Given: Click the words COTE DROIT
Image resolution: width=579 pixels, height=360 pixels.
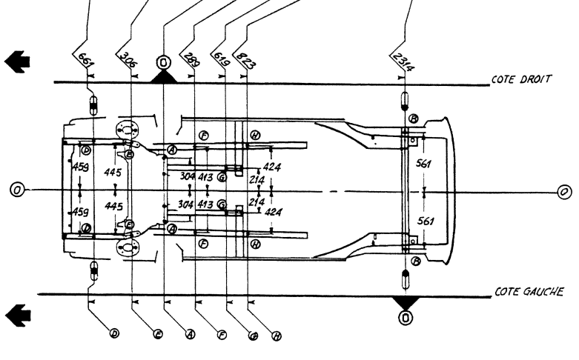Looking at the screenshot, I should tap(520, 80).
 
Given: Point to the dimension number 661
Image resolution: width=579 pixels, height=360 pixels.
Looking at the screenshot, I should tap(85, 59).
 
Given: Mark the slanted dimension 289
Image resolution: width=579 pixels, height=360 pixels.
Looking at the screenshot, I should tap(191, 60).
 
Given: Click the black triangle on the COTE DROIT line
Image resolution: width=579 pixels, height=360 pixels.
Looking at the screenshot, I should tap(163, 76).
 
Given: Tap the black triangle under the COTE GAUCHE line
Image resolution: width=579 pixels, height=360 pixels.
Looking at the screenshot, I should tap(405, 301).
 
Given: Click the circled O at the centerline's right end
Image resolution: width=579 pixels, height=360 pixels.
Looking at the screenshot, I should tap(565, 191).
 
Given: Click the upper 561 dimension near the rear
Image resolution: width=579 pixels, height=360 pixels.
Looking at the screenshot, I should tap(423, 164).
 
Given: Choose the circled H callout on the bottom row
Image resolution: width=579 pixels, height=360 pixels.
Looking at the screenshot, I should tap(277, 335).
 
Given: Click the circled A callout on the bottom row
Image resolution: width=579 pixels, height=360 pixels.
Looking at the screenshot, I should tap(190, 335).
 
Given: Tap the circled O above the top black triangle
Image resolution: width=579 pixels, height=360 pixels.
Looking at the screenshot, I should tap(163, 61).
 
